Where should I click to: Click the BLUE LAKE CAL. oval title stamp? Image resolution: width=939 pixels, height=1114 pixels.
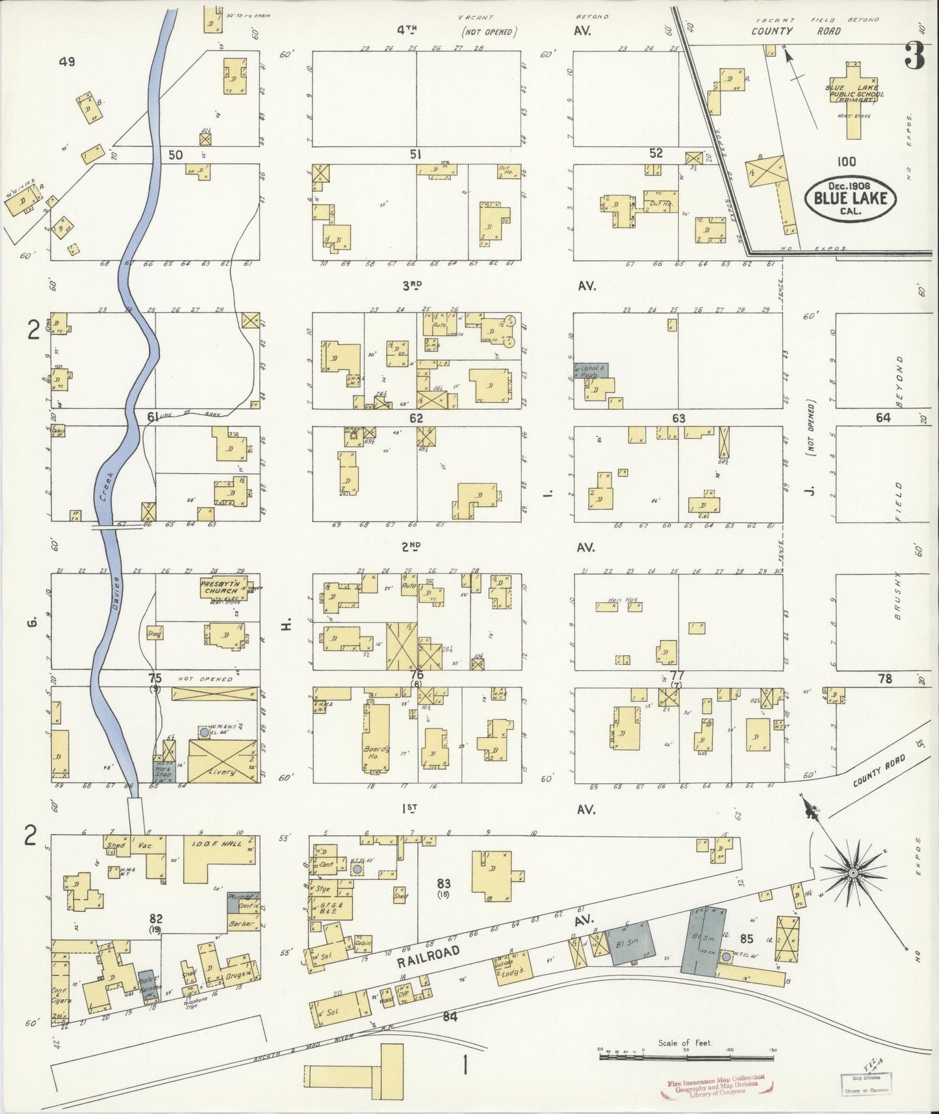point(851,193)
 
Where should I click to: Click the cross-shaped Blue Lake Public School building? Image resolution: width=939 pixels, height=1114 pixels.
point(854,97)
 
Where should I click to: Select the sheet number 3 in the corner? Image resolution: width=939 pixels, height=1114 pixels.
point(914,58)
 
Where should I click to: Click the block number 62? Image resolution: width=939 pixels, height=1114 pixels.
point(416,418)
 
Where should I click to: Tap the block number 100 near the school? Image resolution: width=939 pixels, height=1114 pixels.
point(847,162)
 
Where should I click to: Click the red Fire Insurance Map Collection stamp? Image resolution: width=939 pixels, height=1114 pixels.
point(715,1085)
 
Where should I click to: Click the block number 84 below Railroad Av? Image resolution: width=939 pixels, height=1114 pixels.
point(450,1017)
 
